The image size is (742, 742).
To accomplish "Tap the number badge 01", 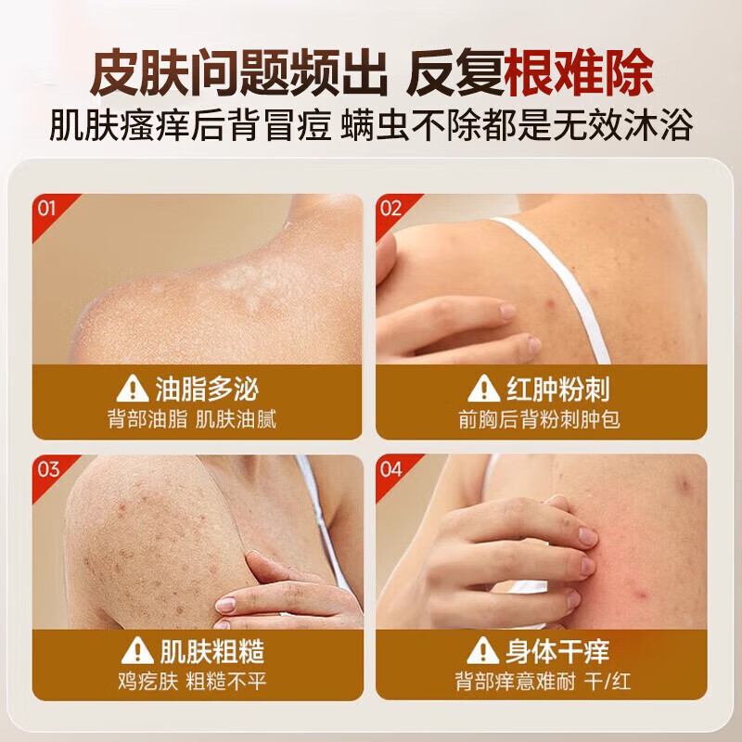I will (47, 208).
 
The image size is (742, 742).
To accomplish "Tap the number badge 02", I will (390, 208).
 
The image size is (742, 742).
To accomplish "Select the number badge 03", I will (47, 469).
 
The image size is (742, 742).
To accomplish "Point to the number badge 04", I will (390, 469).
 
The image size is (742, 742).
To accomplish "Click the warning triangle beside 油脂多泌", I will (132, 389).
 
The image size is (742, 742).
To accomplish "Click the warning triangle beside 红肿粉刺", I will (483, 389).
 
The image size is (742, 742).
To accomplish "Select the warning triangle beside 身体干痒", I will (483, 650).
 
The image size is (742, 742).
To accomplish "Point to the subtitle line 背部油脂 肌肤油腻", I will (192, 419).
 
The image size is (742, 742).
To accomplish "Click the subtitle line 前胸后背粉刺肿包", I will (539, 419).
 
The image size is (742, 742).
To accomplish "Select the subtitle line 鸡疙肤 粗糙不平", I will (192, 681).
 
